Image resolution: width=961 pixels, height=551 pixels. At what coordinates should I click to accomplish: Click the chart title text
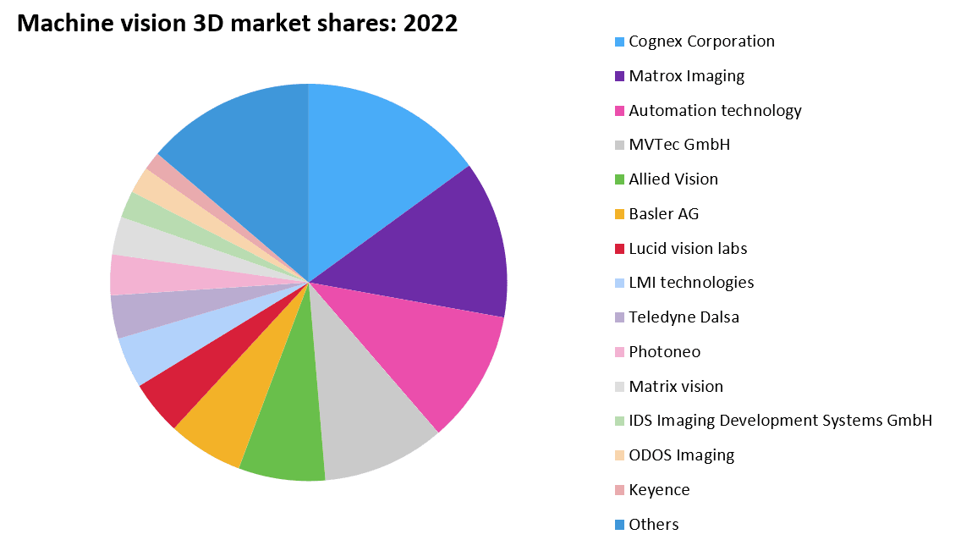[237, 24]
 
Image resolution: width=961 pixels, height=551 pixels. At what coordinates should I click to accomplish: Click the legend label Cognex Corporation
[701, 41]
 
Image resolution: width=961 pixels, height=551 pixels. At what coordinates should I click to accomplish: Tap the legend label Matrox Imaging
[686, 76]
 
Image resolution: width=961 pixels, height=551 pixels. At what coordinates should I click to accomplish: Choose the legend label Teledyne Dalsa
[684, 317]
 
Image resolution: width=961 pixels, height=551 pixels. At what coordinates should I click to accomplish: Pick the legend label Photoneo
[664, 352]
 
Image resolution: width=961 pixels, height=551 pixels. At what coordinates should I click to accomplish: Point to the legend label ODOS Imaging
[681, 455]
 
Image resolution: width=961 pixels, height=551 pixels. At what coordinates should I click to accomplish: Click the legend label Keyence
[659, 490]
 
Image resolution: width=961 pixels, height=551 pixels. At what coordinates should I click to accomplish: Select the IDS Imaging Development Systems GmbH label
[780, 421]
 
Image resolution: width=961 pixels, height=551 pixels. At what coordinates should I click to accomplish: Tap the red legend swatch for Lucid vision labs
[620, 249]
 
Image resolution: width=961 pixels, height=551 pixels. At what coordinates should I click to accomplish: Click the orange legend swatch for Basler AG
[620, 214]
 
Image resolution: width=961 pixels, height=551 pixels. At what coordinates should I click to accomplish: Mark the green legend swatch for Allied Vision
[620, 179]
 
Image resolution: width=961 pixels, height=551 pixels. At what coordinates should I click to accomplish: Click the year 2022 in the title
[431, 24]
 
